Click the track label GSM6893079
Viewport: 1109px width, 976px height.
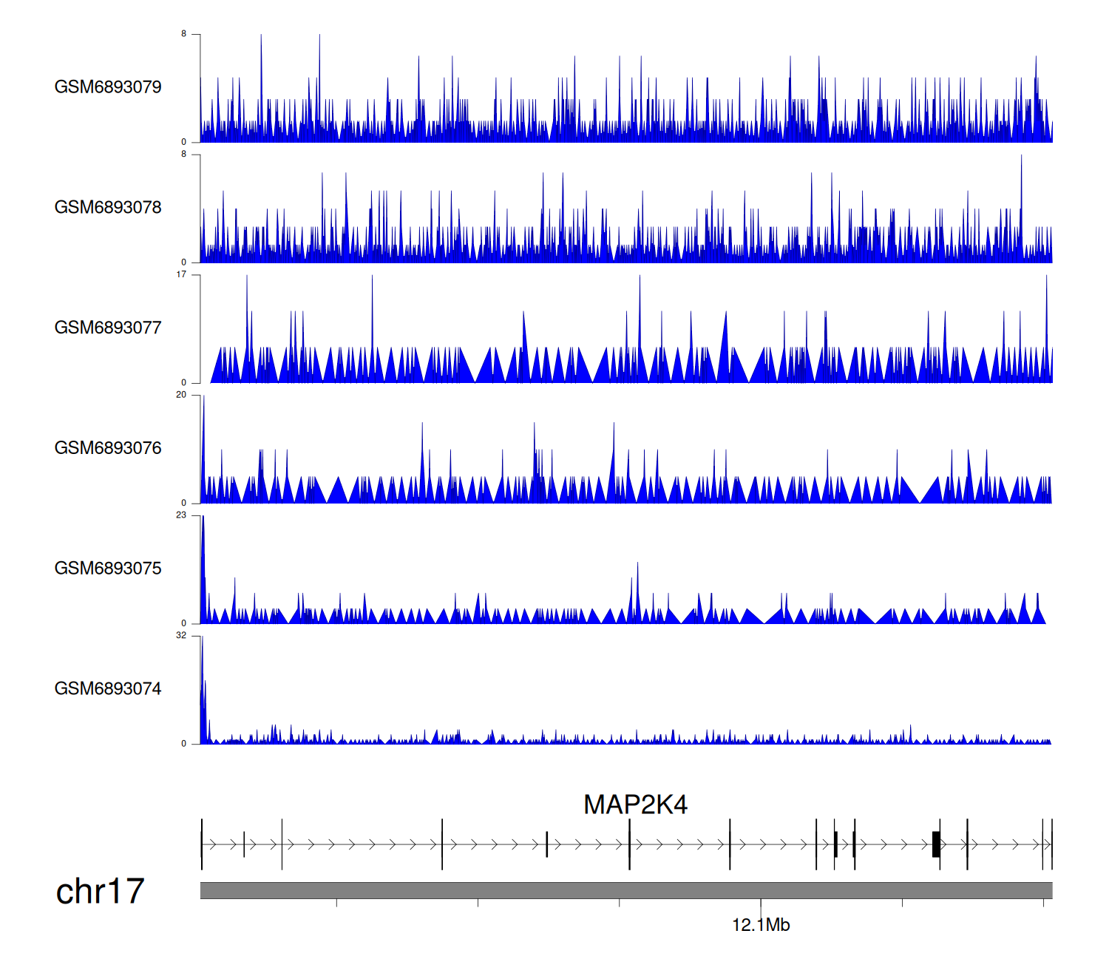click(108, 87)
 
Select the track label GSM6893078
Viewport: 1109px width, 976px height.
click(108, 208)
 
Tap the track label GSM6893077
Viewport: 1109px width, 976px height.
click(108, 328)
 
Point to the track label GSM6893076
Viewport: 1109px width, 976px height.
click(108, 448)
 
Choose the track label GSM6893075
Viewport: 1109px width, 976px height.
click(108, 569)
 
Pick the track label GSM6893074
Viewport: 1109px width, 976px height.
click(108, 689)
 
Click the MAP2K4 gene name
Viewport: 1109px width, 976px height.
click(635, 804)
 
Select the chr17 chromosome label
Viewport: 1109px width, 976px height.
click(100, 891)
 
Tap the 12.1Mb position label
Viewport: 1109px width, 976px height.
click(761, 925)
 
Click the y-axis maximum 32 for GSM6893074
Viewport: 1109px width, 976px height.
click(181, 636)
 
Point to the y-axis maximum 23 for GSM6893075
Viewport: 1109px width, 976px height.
click(181, 515)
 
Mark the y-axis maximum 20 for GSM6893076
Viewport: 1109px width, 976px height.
click(181, 395)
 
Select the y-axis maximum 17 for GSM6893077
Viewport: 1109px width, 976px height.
click(181, 274)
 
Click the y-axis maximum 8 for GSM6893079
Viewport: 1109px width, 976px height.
click(184, 34)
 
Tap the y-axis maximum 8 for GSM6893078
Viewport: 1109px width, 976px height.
click(184, 155)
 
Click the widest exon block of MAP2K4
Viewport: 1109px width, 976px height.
click(936, 844)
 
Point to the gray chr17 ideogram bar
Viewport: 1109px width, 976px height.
click(625, 890)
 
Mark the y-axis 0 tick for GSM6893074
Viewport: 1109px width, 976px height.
click(184, 744)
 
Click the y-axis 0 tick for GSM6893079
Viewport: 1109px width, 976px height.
click(184, 142)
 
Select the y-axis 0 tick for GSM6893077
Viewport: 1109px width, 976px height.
click(184, 382)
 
